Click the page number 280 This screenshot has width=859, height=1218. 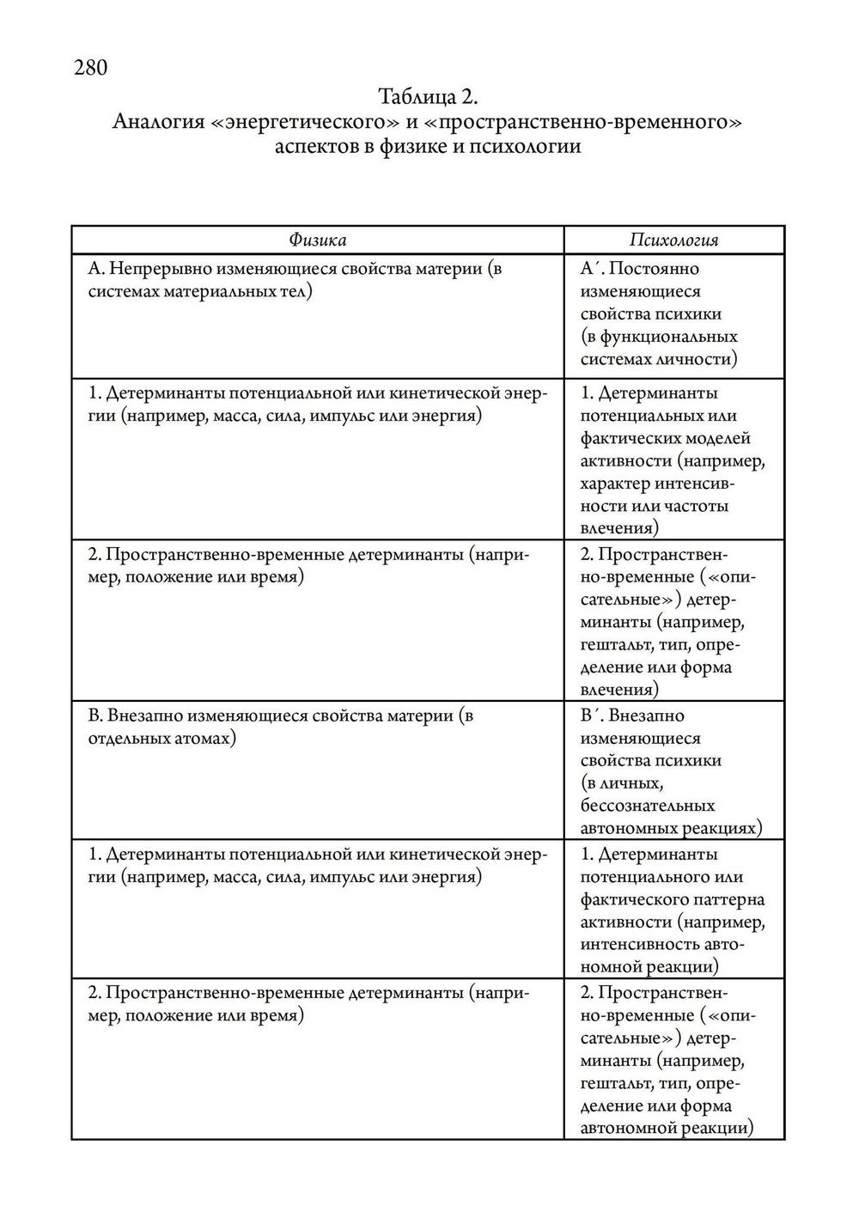point(90,67)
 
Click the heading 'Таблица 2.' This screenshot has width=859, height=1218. point(427,95)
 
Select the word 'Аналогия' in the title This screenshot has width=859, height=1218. point(159,121)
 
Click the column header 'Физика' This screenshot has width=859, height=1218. point(317,240)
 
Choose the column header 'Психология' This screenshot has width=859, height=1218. point(673,240)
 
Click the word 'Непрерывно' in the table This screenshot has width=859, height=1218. point(161,269)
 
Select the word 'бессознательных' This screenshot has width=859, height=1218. point(647,806)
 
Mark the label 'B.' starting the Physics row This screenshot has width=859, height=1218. point(95,716)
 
